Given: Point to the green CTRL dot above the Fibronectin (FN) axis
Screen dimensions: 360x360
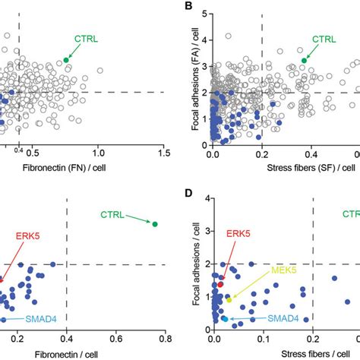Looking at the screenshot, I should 66,59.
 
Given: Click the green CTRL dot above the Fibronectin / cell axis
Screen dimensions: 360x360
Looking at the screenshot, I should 155,224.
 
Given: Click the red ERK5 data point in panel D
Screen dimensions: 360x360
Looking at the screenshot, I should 221,284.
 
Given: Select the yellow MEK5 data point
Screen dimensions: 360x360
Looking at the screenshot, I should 229,300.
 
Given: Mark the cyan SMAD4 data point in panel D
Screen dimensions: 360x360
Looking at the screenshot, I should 224,320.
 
